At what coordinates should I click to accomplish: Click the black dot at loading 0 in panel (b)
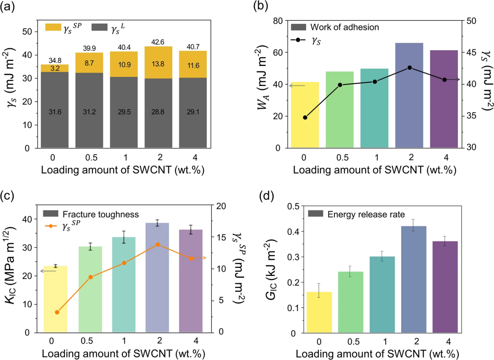coord(305,118)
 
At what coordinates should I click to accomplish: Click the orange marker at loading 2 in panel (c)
coord(158,244)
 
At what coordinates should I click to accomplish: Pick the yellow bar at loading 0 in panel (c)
coord(56,299)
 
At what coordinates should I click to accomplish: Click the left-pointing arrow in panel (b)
coord(297,85)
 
